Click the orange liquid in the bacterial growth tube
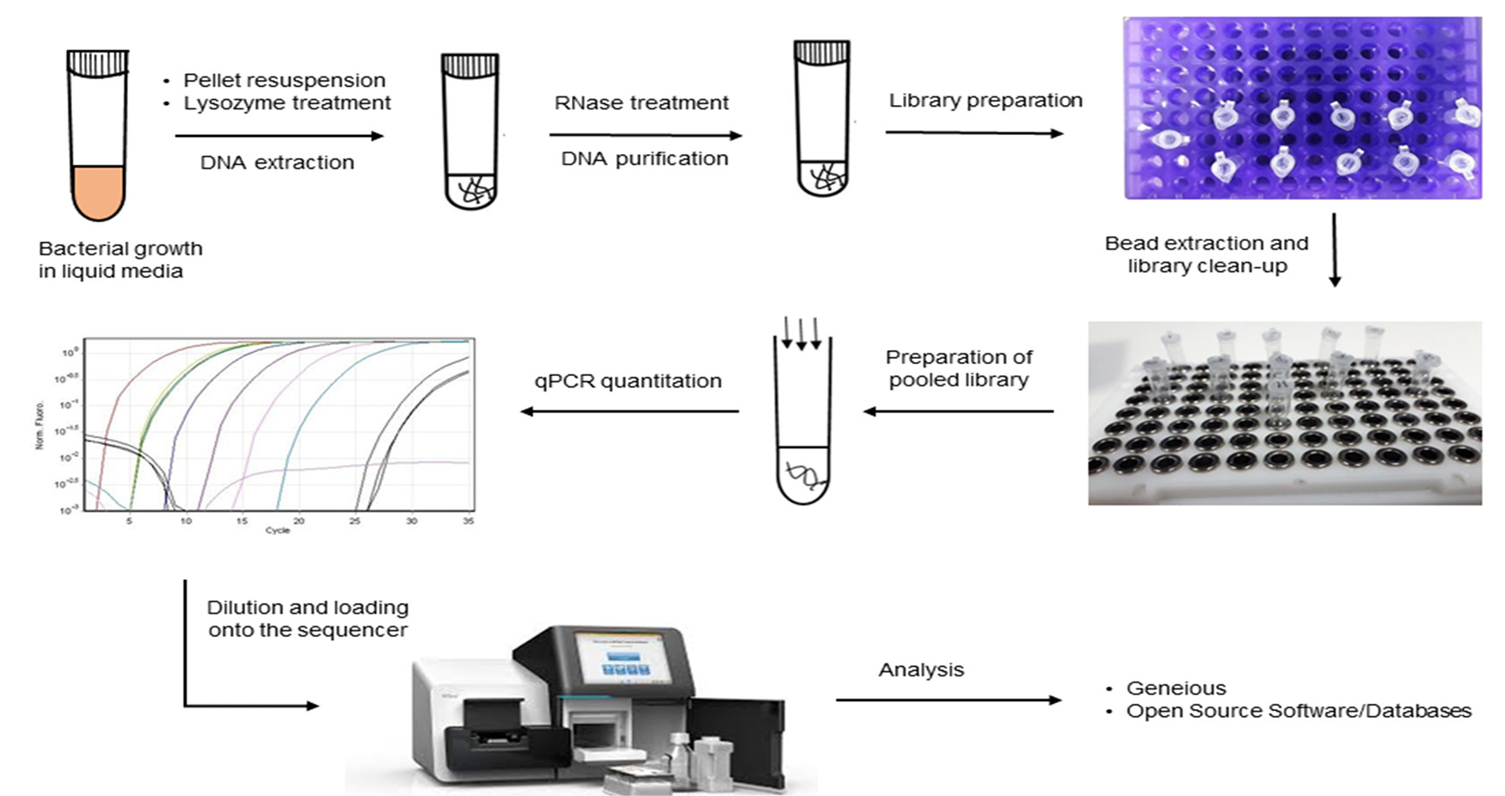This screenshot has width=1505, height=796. point(97,192)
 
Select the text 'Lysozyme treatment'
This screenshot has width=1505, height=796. point(286,103)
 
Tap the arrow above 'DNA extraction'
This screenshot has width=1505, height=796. point(279,136)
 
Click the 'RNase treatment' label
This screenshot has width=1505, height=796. point(642,103)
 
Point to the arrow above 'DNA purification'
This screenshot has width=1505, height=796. point(645,135)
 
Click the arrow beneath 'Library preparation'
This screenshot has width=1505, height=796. point(974,133)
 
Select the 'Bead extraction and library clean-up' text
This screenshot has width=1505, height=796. point(1207,255)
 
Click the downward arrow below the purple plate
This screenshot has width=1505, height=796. point(1335,250)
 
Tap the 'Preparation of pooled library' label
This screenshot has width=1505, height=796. point(959,368)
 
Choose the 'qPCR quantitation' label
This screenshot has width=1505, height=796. point(628,381)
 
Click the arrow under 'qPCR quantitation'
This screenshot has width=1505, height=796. point(630,411)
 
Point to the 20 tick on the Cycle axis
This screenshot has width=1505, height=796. point(298,521)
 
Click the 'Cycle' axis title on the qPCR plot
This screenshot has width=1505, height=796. point(277,530)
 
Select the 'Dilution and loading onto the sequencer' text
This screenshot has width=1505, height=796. point(307,619)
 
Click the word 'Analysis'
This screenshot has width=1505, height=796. point(921,670)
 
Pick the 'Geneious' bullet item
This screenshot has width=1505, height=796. point(1176,688)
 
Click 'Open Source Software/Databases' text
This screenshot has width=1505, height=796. point(1299,711)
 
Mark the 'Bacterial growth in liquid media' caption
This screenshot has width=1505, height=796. point(120,260)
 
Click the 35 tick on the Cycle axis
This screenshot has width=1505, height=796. point(468,521)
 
